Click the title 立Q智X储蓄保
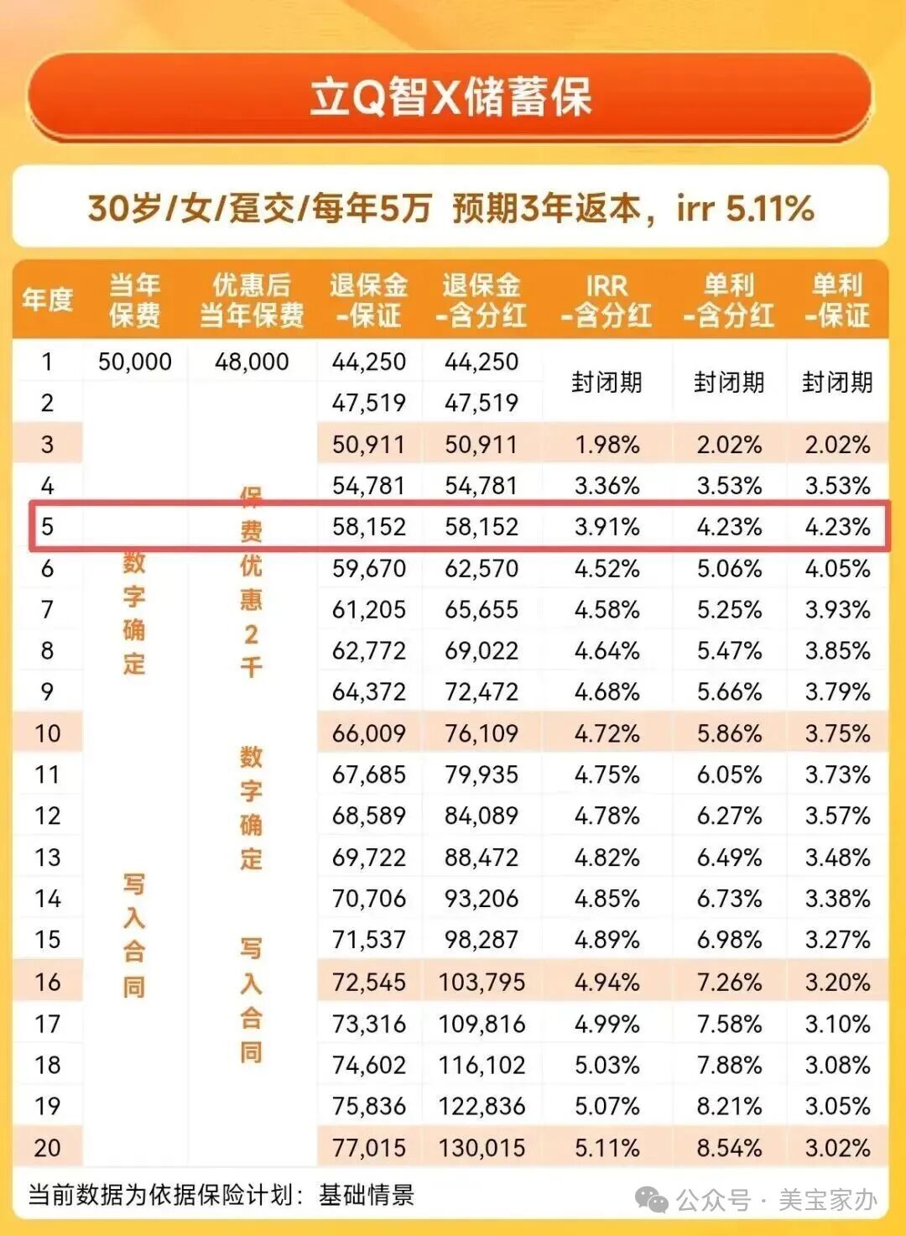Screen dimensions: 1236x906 (x=451, y=97)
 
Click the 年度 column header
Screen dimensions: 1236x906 (x=48, y=300)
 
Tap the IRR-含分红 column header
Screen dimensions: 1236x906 (x=607, y=300)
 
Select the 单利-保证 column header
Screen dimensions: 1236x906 (x=837, y=300)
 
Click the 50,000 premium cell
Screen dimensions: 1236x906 (x=134, y=362)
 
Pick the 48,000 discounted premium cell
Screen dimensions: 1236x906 (x=252, y=362)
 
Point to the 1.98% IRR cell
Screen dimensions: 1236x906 (x=607, y=444)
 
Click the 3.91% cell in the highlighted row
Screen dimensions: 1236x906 (x=607, y=527)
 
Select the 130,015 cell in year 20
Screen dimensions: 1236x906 (x=482, y=1147)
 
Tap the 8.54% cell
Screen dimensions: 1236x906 (x=729, y=1147)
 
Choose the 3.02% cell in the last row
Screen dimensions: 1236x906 (x=837, y=1147)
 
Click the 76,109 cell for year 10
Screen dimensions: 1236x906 (x=482, y=733)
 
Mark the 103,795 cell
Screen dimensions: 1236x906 (x=482, y=982)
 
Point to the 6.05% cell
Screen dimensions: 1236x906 (x=729, y=774)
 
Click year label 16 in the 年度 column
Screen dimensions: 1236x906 (x=48, y=982)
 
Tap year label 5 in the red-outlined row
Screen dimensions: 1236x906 (x=48, y=527)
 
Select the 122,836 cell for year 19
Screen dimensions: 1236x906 (x=482, y=1106)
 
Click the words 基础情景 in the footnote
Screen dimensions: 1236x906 (x=367, y=1195)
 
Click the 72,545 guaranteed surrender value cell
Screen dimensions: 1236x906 (x=369, y=982)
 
